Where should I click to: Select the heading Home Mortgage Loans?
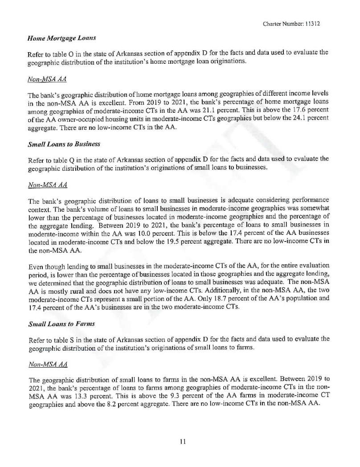pyautogui.click(x=55, y=39)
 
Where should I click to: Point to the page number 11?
pyautogui.click(x=180, y=441)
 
